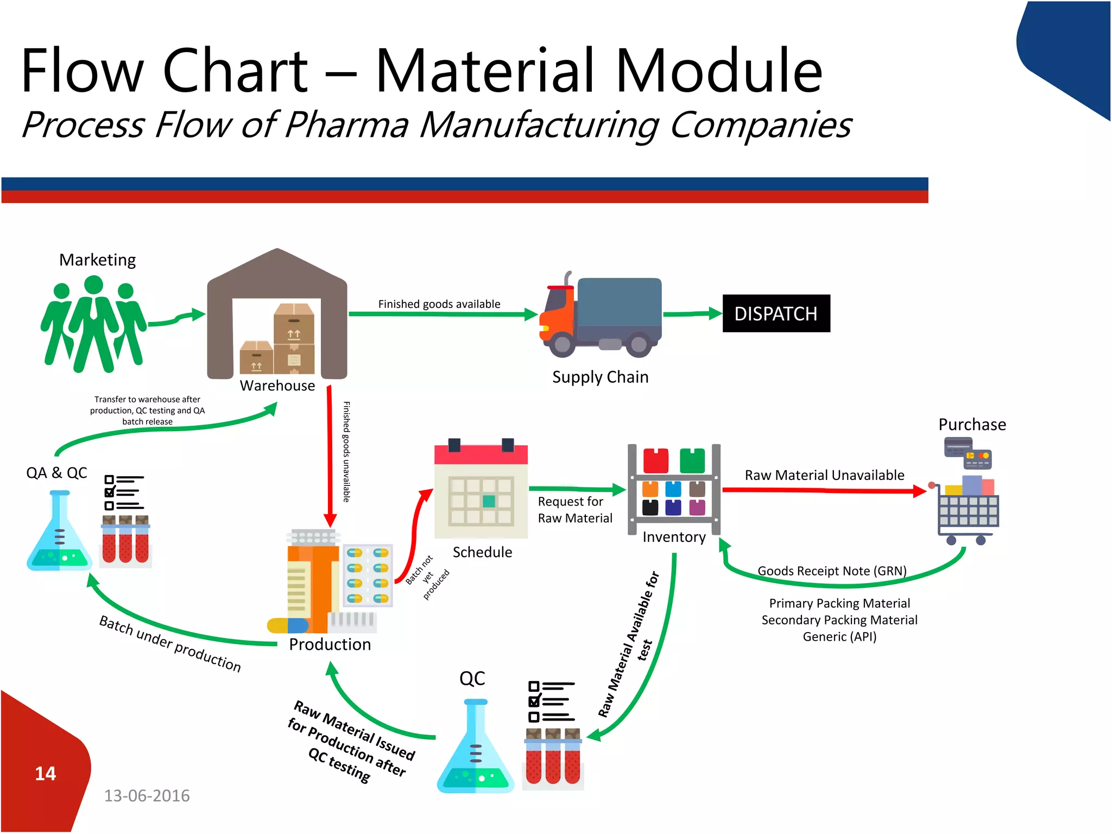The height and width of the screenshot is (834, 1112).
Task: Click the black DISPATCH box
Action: [776, 313]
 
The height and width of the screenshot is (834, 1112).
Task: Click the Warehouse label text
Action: [277, 386]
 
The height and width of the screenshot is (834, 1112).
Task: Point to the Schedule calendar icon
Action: [481, 488]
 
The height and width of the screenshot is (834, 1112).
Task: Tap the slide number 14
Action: [45, 773]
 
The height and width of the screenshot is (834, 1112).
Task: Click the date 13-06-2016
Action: [147, 795]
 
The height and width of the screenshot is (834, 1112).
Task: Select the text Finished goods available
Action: [439, 304]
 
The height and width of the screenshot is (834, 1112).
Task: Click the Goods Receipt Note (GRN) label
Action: [832, 571]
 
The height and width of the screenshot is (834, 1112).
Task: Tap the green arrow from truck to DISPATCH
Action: [692, 314]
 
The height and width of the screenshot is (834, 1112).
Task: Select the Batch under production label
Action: [170, 643]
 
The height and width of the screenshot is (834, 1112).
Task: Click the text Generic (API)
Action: [839, 636]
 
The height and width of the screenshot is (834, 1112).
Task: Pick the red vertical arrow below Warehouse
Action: [329, 456]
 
